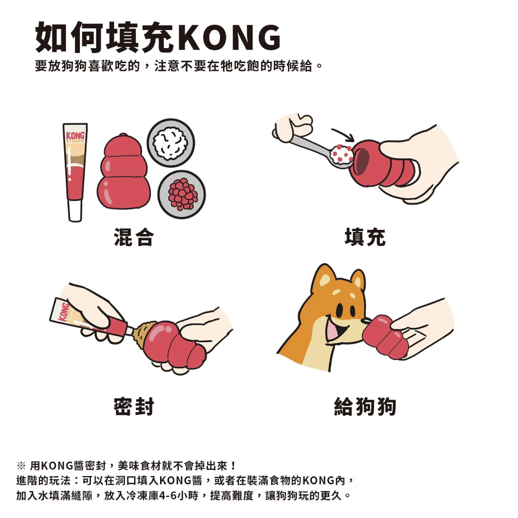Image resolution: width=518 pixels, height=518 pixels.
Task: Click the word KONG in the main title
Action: (231, 37)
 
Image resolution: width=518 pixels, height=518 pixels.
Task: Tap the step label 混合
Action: (134, 237)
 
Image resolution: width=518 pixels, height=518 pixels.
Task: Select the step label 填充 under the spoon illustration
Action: (365, 237)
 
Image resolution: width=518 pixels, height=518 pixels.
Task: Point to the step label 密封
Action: (134, 406)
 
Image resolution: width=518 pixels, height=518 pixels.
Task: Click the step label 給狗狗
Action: (365, 406)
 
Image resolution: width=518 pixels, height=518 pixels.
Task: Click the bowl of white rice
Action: (171, 143)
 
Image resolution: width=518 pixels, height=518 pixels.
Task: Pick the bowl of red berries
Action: (182, 194)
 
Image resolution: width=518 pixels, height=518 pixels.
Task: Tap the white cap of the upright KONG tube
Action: (75, 210)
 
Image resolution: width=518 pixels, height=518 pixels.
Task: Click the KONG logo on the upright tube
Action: (75, 135)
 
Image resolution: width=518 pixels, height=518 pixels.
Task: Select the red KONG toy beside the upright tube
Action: (123, 172)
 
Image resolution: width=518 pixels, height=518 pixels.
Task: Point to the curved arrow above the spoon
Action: (343, 135)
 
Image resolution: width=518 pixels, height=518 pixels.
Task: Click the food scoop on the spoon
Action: (341, 154)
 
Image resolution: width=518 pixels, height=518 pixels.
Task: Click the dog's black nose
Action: (366, 321)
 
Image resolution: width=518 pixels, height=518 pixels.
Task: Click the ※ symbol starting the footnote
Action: (21, 466)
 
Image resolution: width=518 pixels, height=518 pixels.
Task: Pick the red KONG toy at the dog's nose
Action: (384, 337)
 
